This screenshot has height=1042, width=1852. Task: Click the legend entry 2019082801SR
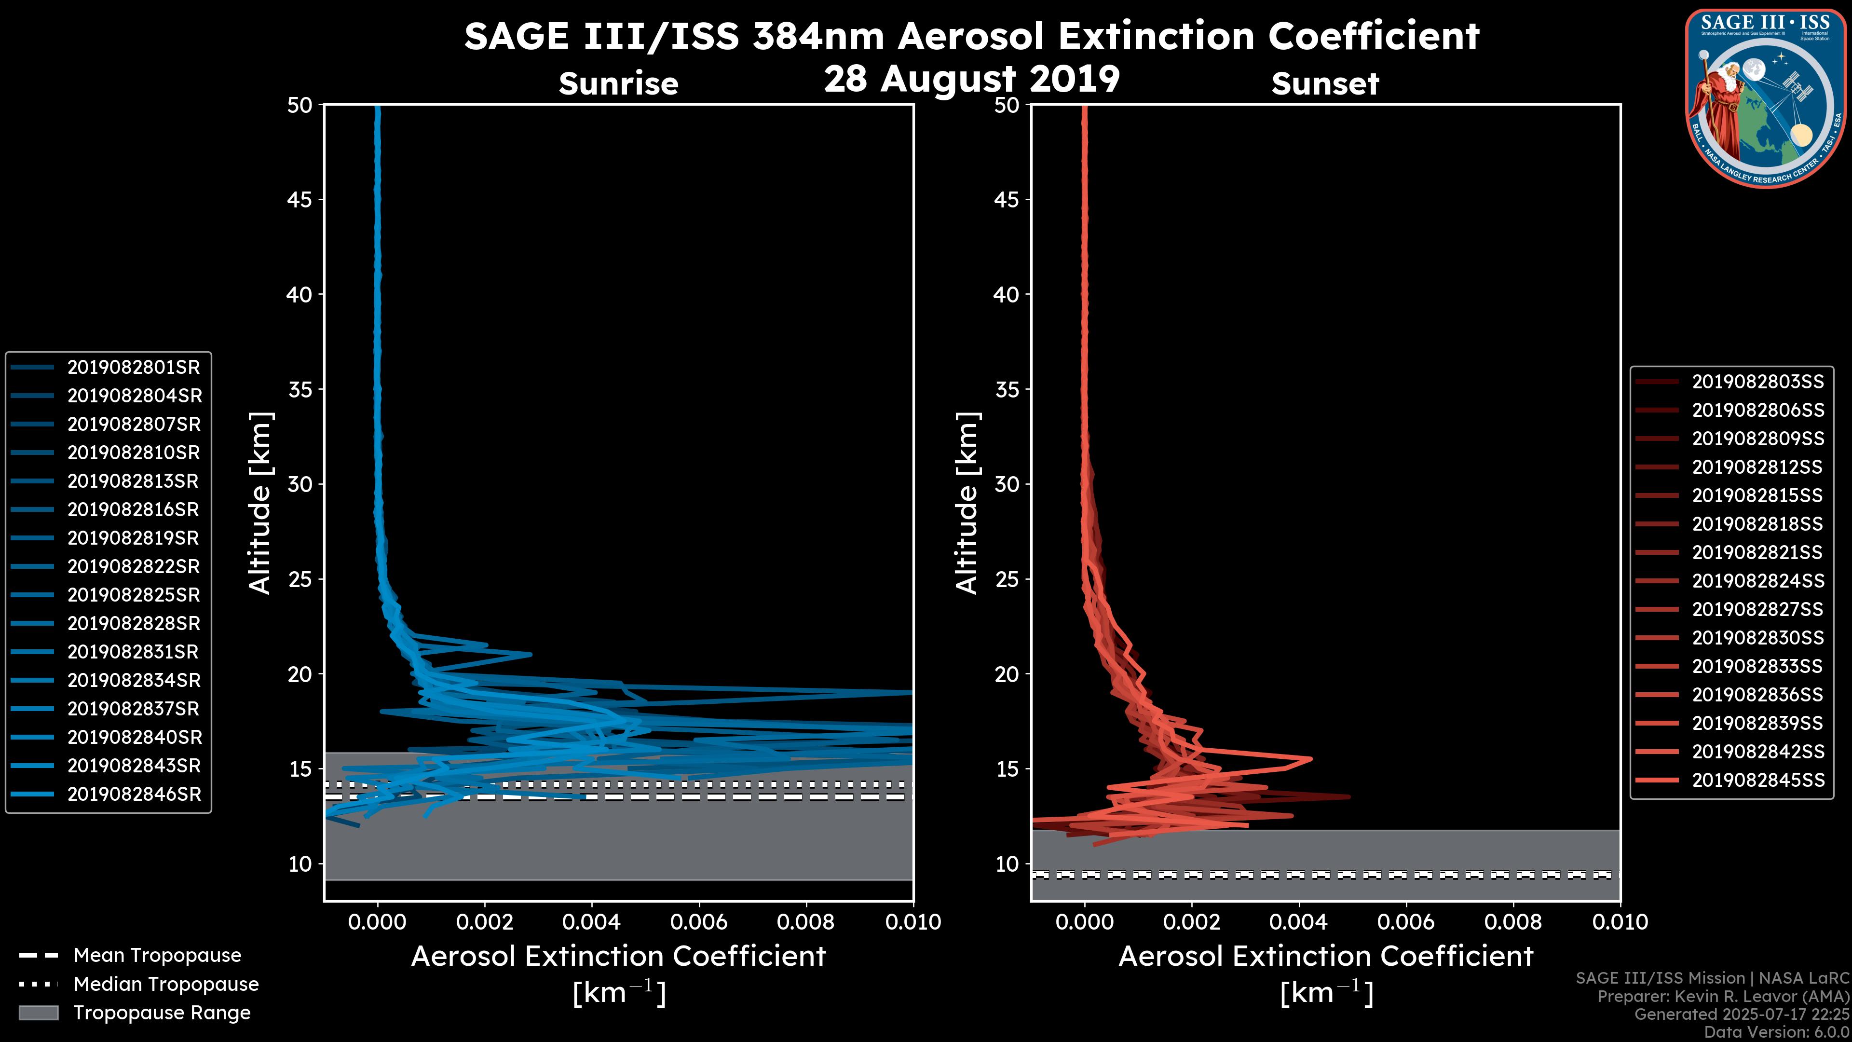133,368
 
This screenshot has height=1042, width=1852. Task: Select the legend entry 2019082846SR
134,795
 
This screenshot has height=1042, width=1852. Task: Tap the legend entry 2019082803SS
1758,382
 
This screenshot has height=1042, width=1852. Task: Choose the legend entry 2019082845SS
1758,780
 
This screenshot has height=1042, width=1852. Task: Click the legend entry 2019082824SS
1758,581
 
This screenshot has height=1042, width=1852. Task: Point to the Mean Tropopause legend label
157,956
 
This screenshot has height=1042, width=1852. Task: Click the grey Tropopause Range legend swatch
39,1013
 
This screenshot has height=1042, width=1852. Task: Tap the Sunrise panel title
618,84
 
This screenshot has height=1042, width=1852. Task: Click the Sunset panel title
1325,84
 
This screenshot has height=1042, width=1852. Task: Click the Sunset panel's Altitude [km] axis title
967,503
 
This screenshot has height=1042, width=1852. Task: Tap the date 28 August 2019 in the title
971,79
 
